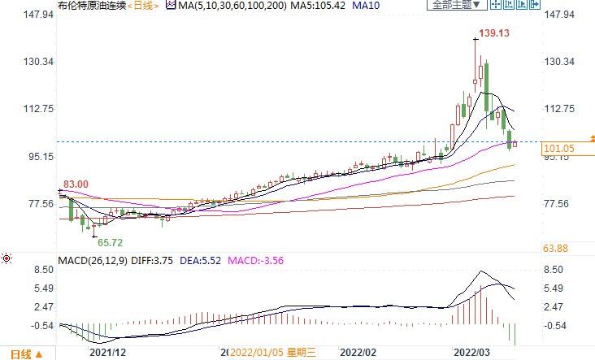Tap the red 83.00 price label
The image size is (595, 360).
pos(75,184)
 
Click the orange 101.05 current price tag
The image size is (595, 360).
pos(559,149)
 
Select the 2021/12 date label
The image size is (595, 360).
pos(107,353)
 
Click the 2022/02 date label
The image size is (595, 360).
pos(358,353)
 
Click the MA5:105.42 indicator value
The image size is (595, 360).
pos(315,5)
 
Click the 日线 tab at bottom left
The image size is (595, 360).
pos(20,353)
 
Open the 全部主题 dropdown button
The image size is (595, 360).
pos(457,5)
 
